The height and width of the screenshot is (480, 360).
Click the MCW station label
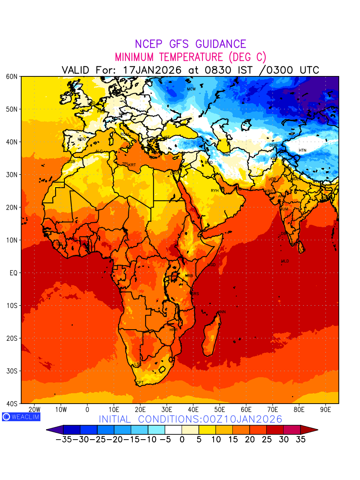(x=191, y=89)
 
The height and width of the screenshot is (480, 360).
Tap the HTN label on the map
(x=302, y=150)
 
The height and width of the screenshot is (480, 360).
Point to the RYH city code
(x=215, y=191)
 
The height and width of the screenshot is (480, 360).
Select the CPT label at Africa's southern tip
(x=140, y=383)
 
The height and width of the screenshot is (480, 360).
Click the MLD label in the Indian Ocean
(x=285, y=261)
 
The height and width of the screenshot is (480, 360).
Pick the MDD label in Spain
(x=82, y=139)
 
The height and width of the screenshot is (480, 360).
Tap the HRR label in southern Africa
(x=173, y=330)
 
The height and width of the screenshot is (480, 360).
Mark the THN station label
(x=226, y=155)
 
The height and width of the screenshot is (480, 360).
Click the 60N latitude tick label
(x=11, y=76)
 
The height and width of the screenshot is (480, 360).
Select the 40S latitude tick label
(x=11, y=404)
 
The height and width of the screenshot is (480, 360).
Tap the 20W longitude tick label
(x=34, y=410)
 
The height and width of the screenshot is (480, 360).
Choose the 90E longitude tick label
(x=326, y=410)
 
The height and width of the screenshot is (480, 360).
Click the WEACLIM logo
(x=21, y=416)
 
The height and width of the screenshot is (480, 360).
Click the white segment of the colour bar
(x=173, y=430)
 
